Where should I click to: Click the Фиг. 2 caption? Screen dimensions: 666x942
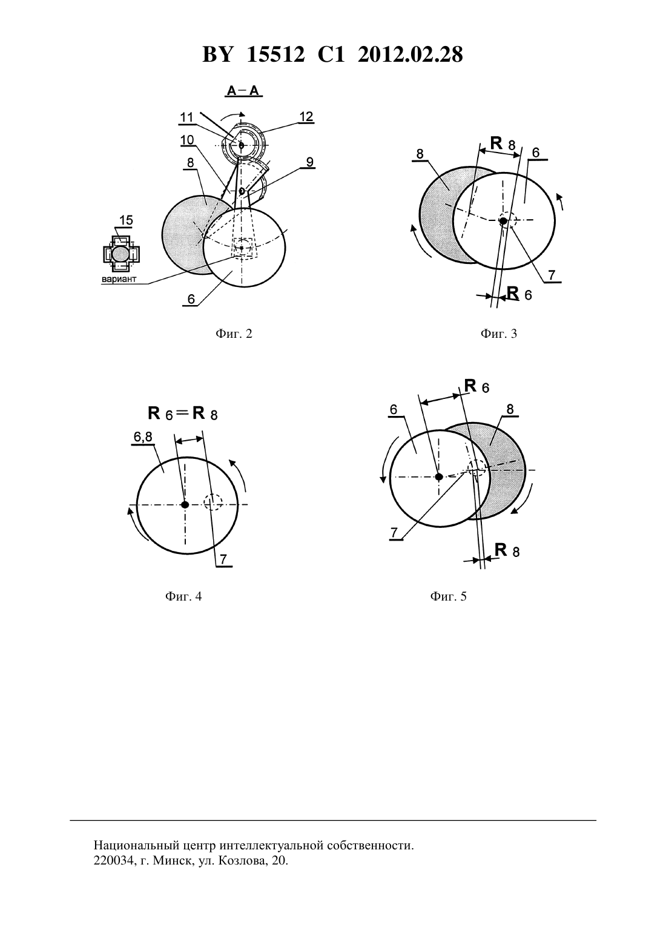coord(234,334)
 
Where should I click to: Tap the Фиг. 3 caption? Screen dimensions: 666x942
coord(499,334)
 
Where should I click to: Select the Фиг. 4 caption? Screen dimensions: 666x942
coord(183,596)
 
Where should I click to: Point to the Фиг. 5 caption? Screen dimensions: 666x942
coord(448,596)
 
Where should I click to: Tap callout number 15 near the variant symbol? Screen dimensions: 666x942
coord(126,220)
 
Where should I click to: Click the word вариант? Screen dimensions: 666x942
coord(119,279)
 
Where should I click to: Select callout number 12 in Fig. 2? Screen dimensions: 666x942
coord(306,116)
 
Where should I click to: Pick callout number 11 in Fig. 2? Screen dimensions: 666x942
coord(186,117)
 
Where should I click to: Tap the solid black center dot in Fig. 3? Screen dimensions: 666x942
coord(503,220)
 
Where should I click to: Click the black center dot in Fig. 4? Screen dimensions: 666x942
coord(185,505)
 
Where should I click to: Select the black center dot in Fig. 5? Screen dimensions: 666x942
coord(438,476)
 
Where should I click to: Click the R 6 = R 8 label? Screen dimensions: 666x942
coord(182,413)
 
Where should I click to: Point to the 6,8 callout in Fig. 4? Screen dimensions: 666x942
coord(143,438)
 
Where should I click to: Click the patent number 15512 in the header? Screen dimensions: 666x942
coord(275,54)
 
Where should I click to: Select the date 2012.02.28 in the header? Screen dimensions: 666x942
coord(410,54)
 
